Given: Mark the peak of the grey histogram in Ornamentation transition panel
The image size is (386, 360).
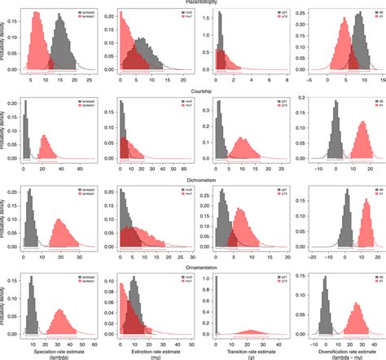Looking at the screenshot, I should point(217,281).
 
